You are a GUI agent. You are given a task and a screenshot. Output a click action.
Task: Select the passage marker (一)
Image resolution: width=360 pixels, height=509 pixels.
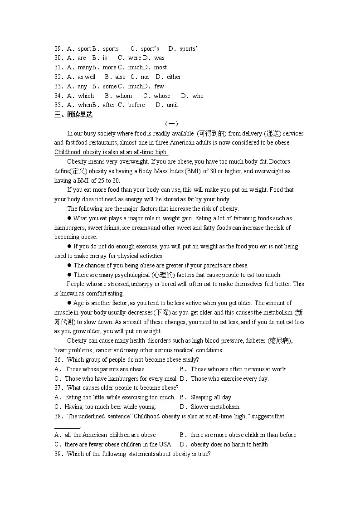point(171,124)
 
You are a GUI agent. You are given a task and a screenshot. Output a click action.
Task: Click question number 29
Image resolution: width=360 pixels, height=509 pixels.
point(58,48)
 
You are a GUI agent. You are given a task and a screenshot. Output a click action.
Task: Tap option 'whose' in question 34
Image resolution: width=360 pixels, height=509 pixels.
point(162,96)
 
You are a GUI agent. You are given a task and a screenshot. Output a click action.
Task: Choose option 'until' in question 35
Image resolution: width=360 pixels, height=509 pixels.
point(172,105)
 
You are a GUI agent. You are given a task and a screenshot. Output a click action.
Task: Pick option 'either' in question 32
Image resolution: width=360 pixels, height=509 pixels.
point(174,77)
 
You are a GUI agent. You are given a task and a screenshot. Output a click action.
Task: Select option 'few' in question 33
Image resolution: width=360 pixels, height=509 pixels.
point(159,86)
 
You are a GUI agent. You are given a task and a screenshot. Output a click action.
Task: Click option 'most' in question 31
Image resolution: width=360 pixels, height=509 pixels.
point(161,67)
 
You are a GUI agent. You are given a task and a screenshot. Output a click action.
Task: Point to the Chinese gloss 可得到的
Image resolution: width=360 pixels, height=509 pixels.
point(212,133)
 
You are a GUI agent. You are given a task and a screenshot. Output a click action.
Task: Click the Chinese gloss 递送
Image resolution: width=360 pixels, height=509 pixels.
point(268,133)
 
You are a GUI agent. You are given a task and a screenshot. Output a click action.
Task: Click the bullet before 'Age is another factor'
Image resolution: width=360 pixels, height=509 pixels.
point(70,303)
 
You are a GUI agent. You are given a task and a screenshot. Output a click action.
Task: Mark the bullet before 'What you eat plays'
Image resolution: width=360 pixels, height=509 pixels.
point(70,218)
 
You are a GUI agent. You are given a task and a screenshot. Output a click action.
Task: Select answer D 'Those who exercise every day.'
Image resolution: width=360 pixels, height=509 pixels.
point(229,378)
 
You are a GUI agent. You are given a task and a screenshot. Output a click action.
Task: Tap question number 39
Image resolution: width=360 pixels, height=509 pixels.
point(58,454)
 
